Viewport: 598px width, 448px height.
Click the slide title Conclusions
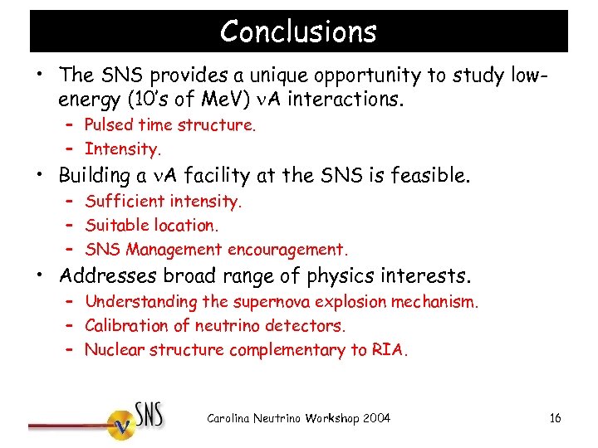298,32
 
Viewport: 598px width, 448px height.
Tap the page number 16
555,417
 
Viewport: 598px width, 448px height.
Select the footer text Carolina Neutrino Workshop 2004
298,417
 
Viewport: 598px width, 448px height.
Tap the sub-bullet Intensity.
122,149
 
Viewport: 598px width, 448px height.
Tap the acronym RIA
390,349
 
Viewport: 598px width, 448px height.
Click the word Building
92,176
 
